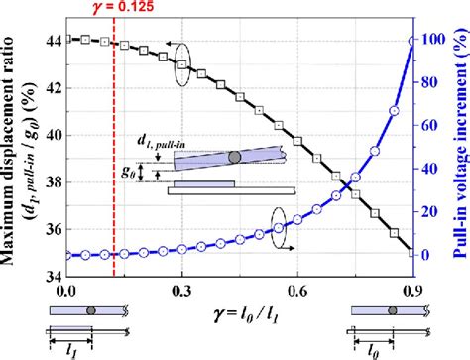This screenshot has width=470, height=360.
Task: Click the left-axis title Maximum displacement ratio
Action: coord(20,149)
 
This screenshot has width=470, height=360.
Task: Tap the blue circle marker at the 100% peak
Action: coord(412,41)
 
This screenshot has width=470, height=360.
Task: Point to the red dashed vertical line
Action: coord(114,149)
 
